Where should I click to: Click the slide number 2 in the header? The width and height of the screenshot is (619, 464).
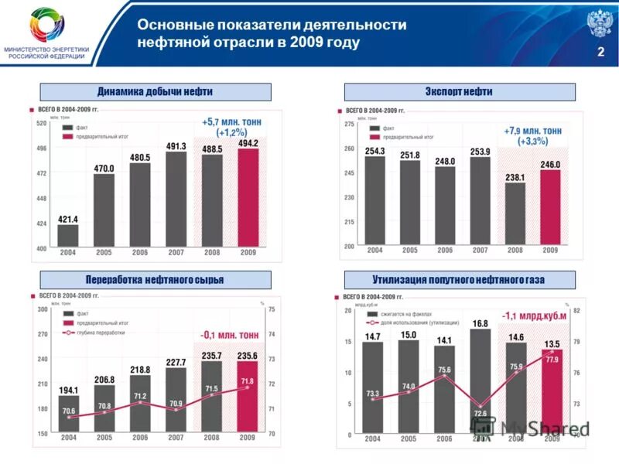point(600,52)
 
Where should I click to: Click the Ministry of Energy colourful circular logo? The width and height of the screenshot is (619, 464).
point(48,26)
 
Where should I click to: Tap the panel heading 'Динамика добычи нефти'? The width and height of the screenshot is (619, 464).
point(155,92)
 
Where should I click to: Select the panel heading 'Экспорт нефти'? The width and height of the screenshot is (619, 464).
point(459,92)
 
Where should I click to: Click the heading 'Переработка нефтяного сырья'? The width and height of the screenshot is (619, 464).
point(155,279)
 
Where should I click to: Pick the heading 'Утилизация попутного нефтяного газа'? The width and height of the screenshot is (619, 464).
point(459,279)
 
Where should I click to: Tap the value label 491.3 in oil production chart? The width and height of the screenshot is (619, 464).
point(176,145)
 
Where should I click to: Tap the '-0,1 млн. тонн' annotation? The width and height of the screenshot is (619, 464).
point(230,335)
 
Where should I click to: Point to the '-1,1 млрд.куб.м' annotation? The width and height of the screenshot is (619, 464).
point(534,316)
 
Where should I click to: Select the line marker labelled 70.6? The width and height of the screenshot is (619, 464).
point(69,417)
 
